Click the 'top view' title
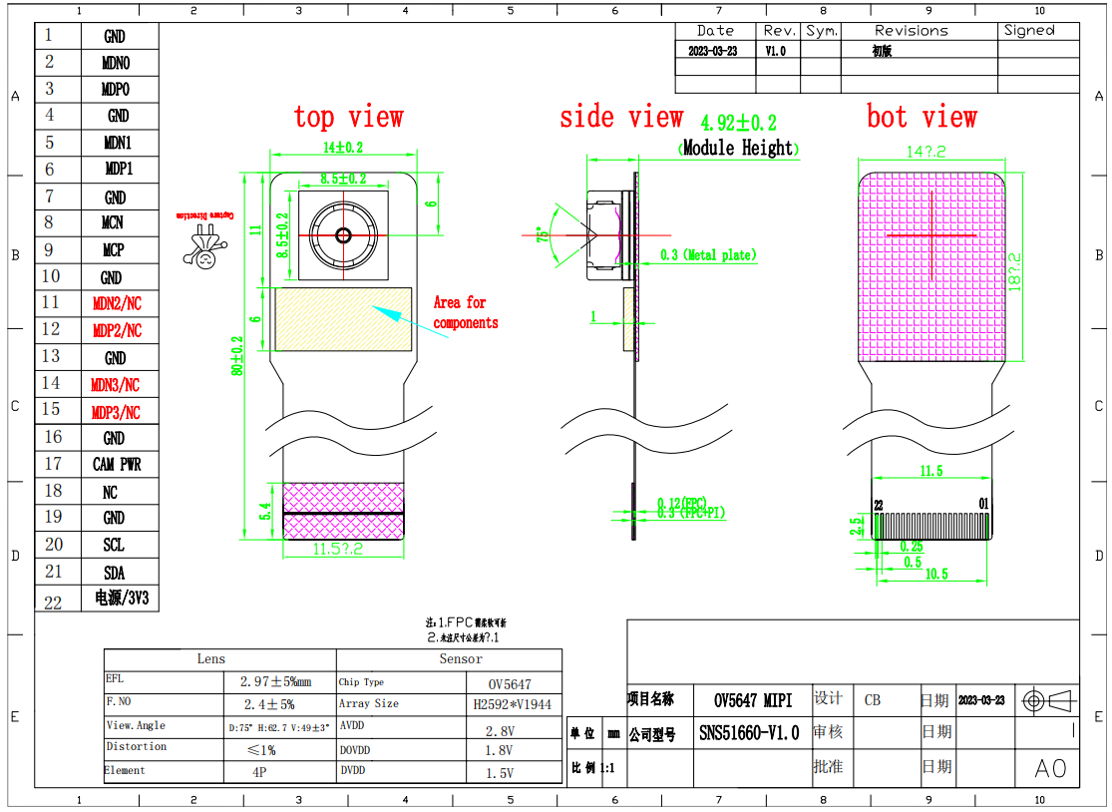coord(348,118)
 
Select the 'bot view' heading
coord(922,118)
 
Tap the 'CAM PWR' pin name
coord(117,464)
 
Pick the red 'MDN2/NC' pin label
coord(117,303)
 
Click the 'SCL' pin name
coord(114,545)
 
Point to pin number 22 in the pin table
coord(53,601)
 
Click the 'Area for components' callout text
coord(464,312)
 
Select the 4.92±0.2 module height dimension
coord(738,124)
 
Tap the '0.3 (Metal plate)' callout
coord(708,255)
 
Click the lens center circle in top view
coord(343,235)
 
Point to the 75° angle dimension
coord(544,235)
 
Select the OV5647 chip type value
coord(509,684)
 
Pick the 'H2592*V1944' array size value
coord(512,704)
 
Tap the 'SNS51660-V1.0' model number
coord(748,733)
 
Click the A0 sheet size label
coord(1049,768)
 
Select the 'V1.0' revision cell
coord(776,51)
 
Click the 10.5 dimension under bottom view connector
coord(935,575)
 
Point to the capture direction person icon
coord(204,247)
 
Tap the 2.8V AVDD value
coord(499,730)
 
